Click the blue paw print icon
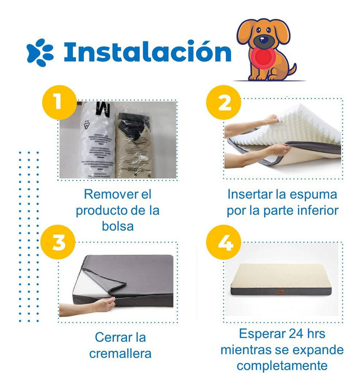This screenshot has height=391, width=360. tap(40, 53)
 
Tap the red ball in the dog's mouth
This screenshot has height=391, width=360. tap(263, 57)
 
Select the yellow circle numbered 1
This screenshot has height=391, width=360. tap(59, 102)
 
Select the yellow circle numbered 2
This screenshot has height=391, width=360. tap(224, 102)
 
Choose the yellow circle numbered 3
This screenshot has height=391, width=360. tap(58, 242)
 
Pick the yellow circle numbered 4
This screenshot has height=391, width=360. tap(224, 242)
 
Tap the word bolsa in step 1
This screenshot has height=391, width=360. tap(118, 226)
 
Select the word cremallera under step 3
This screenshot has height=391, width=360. tap(120, 354)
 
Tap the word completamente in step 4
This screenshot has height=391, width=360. tap(282, 366)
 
